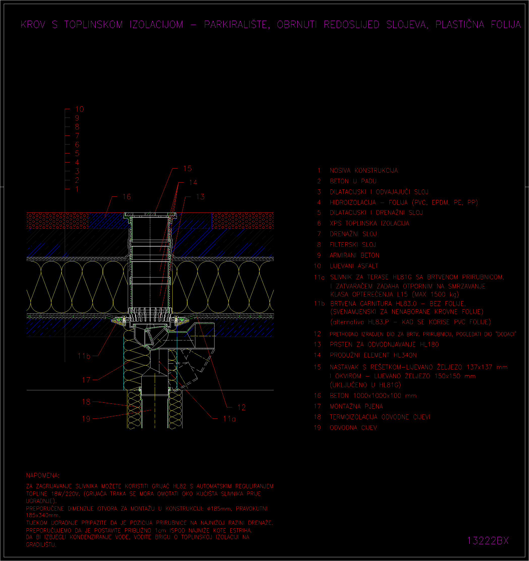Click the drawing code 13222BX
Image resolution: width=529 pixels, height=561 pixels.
coord(487,541)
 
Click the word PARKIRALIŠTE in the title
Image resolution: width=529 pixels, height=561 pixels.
coord(237,25)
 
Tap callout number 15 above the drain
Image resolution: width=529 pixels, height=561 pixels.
coord(187,168)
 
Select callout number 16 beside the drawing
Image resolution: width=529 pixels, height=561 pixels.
coord(127,197)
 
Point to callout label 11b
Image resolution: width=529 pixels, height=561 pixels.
coord(84,356)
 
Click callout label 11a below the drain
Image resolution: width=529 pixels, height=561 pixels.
coord(229,419)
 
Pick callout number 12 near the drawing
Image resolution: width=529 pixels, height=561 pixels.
coord(241,407)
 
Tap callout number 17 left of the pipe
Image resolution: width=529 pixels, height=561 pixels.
coord(86,380)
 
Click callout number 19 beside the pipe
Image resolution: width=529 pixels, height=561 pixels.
coord(86,419)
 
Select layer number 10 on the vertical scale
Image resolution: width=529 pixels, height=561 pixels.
coord(79,109)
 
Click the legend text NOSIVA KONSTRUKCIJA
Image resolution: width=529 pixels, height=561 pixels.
coord(364,170)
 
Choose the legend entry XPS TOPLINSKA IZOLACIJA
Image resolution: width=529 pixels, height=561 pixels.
coord(369,223)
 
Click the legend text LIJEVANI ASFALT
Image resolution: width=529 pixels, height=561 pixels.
coord(354,266)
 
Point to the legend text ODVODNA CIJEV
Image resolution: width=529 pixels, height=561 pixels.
coord(353,428)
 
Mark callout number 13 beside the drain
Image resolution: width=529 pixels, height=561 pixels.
coord(200,197)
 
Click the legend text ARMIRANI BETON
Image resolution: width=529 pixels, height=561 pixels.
coord(354,255)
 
